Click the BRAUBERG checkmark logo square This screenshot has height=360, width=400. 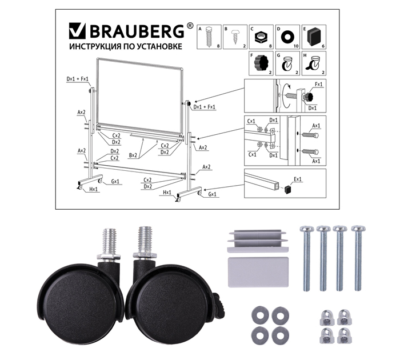(77, 31)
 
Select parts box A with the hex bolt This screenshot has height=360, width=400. (209, 37)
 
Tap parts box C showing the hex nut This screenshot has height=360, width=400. (261, 37)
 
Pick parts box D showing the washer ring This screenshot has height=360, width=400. (287, 37)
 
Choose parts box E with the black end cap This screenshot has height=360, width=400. (314, 37)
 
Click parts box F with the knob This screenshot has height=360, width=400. (261, 63)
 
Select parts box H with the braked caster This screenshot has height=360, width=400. (314, 63)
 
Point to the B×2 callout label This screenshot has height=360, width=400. (133, 155)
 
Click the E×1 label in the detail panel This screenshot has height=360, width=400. (298, 179)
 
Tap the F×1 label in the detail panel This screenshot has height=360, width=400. (319, 84)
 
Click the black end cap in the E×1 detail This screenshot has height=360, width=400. (288, 190)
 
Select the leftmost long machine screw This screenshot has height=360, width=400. (307, 258)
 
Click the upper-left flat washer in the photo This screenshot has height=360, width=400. (259, 315)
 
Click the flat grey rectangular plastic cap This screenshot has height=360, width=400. (258, 272)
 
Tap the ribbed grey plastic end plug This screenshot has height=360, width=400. (258, 241)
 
